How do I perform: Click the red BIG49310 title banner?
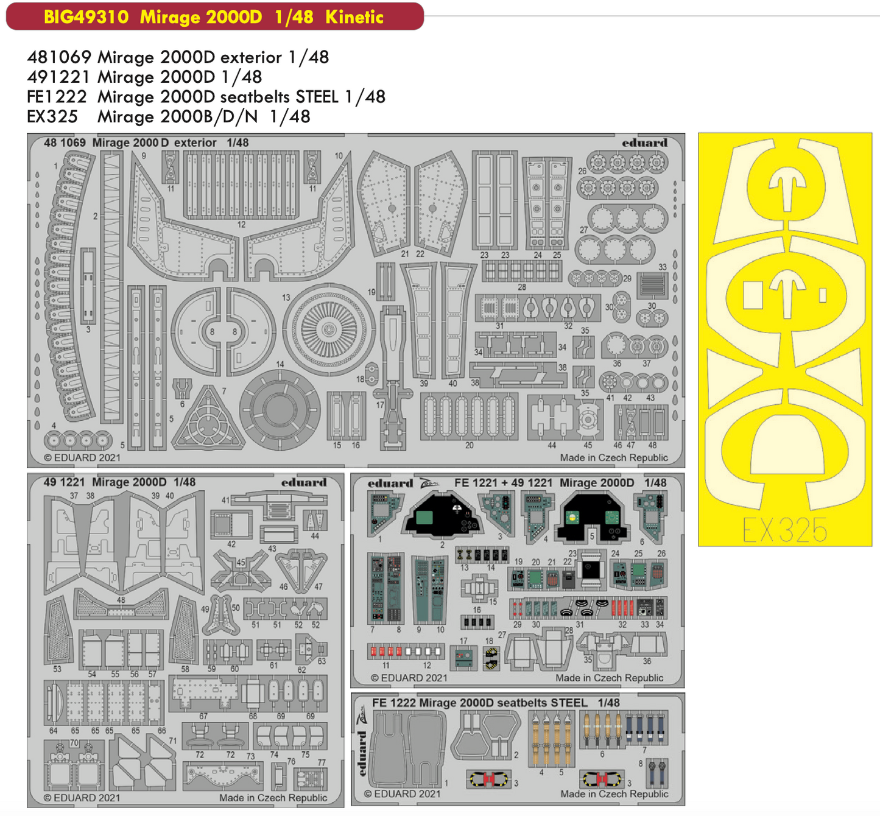[x=214, y=16]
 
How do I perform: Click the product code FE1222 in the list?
[x=56, y=97]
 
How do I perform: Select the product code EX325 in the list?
[x=52, y=116]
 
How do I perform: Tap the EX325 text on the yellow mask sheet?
[x=784, y=530]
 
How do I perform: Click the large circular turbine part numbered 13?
[x=329, y=329]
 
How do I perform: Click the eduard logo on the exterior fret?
[x=644, y=143]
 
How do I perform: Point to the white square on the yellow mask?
[x=753, y=295]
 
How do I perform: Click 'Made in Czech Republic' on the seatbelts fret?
[x=614, y=794]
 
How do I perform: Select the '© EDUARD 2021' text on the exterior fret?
[x=82, y=458]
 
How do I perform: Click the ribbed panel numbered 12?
[x=242, y=186]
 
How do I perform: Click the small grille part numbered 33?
[x=653, y=284]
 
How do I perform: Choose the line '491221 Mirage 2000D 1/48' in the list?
[x=144, y=77]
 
